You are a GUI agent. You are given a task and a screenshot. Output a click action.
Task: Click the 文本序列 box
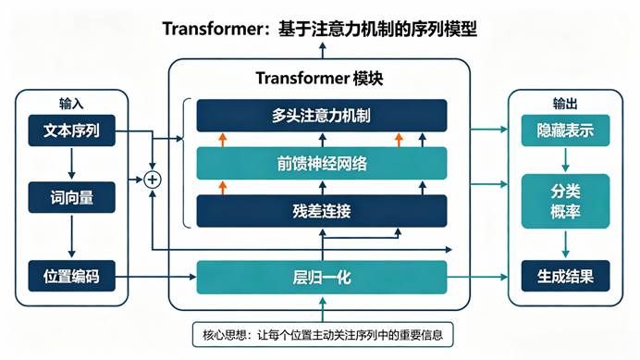click(72, 130)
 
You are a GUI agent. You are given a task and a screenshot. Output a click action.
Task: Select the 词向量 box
click(72, 197)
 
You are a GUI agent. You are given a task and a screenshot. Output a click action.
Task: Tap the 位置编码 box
click(72, 276)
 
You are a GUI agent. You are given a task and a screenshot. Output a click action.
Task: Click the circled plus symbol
click(153, 180)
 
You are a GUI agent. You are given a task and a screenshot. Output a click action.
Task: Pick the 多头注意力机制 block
click(322, 116)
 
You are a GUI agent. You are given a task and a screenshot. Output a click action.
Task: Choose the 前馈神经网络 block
click(322, 164)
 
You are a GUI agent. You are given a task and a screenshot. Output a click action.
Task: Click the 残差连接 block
click(322, 211)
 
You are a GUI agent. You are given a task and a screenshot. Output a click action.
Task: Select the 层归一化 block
click(322, 278)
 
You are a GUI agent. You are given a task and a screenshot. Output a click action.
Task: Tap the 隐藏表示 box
click(565, 130)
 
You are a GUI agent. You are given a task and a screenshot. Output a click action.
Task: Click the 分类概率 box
click(565, 201)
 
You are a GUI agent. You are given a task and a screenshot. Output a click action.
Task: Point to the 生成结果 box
click(565, 276)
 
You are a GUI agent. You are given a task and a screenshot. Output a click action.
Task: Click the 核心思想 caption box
click(323, 335)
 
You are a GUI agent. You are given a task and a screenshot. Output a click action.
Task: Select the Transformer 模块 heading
click(319, 78)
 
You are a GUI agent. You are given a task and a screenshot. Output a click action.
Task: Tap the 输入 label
click(71, 104)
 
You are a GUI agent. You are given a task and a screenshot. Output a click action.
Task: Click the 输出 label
click(565, 104)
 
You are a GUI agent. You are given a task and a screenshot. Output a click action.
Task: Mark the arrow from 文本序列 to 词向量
click(72, 164)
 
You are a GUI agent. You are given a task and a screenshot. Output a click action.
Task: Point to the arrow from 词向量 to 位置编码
click(72, 236)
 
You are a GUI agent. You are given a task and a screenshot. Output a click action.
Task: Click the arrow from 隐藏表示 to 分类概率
click(565, 160)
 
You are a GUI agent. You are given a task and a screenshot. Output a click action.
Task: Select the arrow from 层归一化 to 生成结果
click(477, 277)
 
